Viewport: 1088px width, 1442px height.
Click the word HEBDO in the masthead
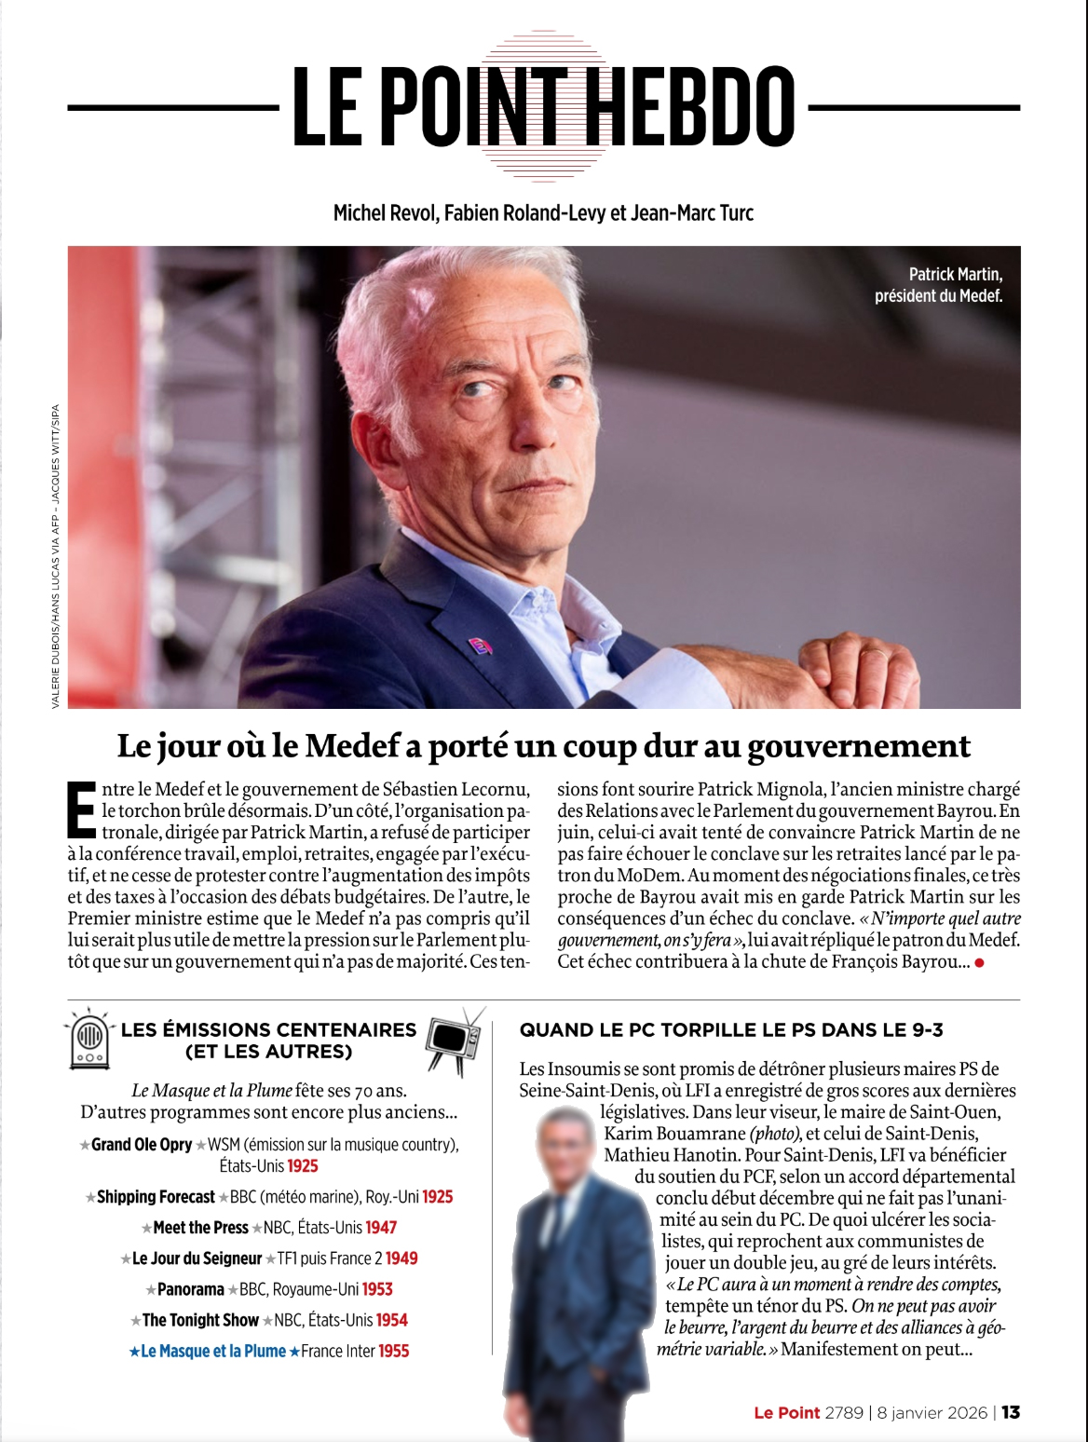(694, 107)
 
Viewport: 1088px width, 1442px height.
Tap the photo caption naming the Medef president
(938, 285)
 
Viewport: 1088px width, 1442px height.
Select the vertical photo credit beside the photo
(55, 556)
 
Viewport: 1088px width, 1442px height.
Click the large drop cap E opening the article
(81, 809)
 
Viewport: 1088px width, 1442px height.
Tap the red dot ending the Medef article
(979, 962)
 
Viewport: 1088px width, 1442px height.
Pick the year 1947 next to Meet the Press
(381, 1228)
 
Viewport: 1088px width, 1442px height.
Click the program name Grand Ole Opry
(142, 1145)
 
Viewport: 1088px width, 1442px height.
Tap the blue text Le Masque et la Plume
(213, 1351)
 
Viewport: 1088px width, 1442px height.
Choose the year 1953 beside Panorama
(377, 1289)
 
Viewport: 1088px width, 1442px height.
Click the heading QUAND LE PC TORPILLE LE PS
(731, 1029)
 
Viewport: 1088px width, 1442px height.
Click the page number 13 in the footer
(1011, 1412)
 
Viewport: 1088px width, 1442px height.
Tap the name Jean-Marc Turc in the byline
(692, 212)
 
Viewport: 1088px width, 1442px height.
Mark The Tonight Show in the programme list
(200, 1320)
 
